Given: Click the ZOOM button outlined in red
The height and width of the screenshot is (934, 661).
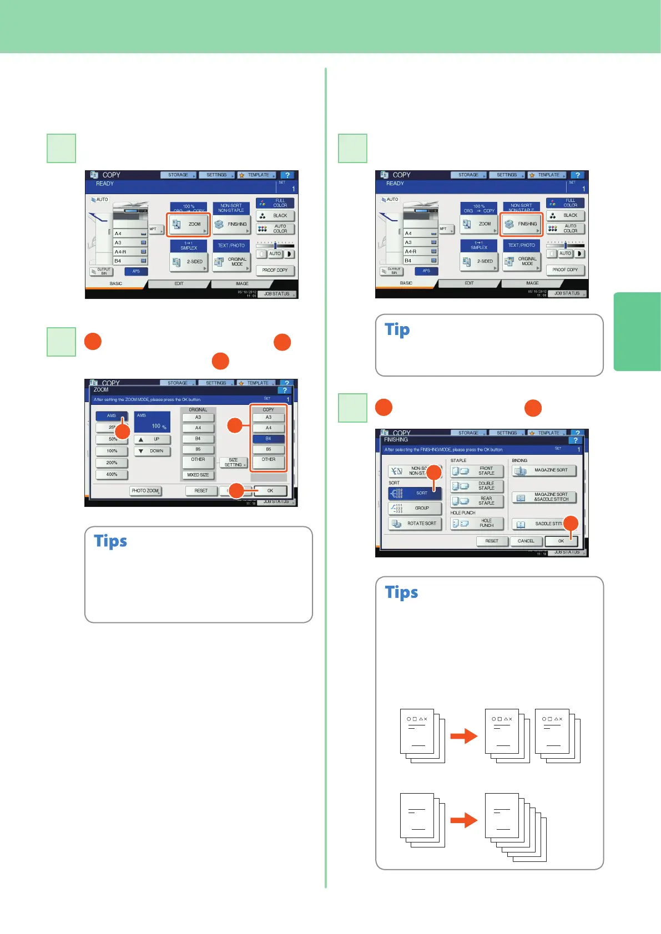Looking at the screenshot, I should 189,225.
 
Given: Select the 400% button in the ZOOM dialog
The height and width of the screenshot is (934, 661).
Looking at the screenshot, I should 112,475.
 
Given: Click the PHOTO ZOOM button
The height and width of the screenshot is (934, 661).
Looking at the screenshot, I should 145,491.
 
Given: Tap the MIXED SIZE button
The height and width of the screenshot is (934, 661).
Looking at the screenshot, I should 198,475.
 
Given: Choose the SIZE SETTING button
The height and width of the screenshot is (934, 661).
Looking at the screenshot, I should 233,463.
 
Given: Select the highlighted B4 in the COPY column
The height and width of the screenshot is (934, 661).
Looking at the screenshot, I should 269,439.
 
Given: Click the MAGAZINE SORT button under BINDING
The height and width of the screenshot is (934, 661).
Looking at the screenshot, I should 544,470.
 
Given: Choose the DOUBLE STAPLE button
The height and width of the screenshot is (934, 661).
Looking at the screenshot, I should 477,486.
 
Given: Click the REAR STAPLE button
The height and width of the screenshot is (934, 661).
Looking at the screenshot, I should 477,501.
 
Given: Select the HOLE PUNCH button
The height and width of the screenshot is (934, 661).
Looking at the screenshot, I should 477,523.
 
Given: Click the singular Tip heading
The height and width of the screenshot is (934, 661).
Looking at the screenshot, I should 397,330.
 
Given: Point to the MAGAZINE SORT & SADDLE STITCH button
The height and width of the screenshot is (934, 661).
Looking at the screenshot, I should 544,497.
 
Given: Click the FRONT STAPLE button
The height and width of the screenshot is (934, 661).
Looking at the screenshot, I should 477,471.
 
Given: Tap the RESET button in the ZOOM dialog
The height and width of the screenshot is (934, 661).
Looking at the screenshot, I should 201,491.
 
